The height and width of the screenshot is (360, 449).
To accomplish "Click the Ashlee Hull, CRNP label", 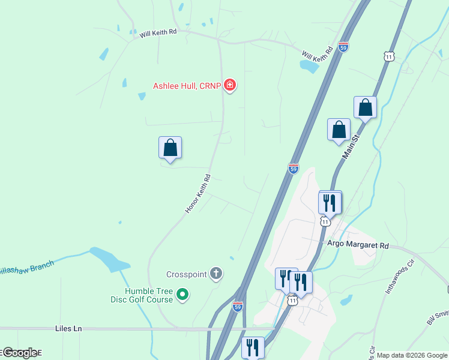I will [x=187, y=86].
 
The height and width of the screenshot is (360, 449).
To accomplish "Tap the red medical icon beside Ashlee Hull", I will [x=229, y=86].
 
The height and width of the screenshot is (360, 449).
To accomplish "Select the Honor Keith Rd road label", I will [x=198, y=193].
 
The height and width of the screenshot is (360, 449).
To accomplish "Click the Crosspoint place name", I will [x=186, y=274].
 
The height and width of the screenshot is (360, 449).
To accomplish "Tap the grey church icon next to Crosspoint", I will [x=216, y=274].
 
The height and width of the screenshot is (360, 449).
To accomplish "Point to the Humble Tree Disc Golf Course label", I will [x=141, y=295].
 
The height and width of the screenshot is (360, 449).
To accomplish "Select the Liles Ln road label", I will [x=68, y=329].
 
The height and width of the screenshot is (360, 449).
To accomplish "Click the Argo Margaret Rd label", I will [x=358, y=245].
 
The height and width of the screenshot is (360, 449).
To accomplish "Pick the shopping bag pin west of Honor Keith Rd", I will [x=170, y=148].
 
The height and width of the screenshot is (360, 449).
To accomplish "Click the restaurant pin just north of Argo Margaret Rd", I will [x=330, y=202].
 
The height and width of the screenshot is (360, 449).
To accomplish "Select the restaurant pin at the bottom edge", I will [x=253, y=347].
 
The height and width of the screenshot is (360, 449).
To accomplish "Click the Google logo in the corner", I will [x=20, y=353].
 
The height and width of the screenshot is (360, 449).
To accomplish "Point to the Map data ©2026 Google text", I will [x=412, y=355].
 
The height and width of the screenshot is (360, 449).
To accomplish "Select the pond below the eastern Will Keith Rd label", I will [x=309, y=66].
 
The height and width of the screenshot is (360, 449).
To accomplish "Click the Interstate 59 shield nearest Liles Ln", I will [x=238, y=306].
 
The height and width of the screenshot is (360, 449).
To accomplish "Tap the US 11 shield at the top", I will [x=390, y=56].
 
